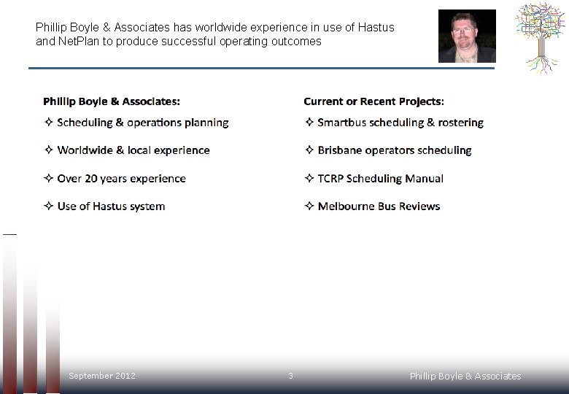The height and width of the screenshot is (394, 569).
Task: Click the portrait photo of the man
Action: pyautogui.click(x=467, y=36)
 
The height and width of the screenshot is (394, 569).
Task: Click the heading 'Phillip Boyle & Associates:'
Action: pyautogui.click(x=112, y=101)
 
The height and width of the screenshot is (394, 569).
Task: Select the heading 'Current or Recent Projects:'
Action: pyautogui.click(x=373, y=101)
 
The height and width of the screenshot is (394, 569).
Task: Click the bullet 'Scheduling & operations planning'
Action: pyautogui.click(x=142, y=123)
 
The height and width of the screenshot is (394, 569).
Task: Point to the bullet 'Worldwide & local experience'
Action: pyautogui.click(x=133, y=150)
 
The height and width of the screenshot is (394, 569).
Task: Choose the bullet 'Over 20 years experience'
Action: pyautogui.click(x=121, y=179)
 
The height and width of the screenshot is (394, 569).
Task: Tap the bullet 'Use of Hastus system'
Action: pyautogui.click(x=111, y=206)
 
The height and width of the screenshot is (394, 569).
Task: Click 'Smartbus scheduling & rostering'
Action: pyautogui.click(x=400, y=123)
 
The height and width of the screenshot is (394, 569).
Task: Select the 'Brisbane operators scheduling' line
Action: pyautogui.click(x=394, y=150)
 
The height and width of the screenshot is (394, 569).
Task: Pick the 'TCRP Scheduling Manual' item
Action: pyautogui.click(x=380, y=179)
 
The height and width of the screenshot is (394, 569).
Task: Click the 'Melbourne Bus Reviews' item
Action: pyautogui.click(x=379, y=206)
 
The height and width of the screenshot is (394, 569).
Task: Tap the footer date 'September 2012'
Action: pyautogui.click(x=101, y=376)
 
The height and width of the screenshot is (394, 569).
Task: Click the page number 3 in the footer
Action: pyautogui.click(x=290, y=376)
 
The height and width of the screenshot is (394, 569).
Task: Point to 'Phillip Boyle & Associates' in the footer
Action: pyautogui.click(x=465, y=376)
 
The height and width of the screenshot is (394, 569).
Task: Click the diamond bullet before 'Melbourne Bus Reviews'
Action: pyautogui.click(x=309, y=206)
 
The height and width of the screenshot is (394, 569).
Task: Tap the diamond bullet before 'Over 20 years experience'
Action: pyautogui.click(x=48, y=179)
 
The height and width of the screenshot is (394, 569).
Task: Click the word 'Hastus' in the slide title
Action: pyautogui.click(x=376, y=28)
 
